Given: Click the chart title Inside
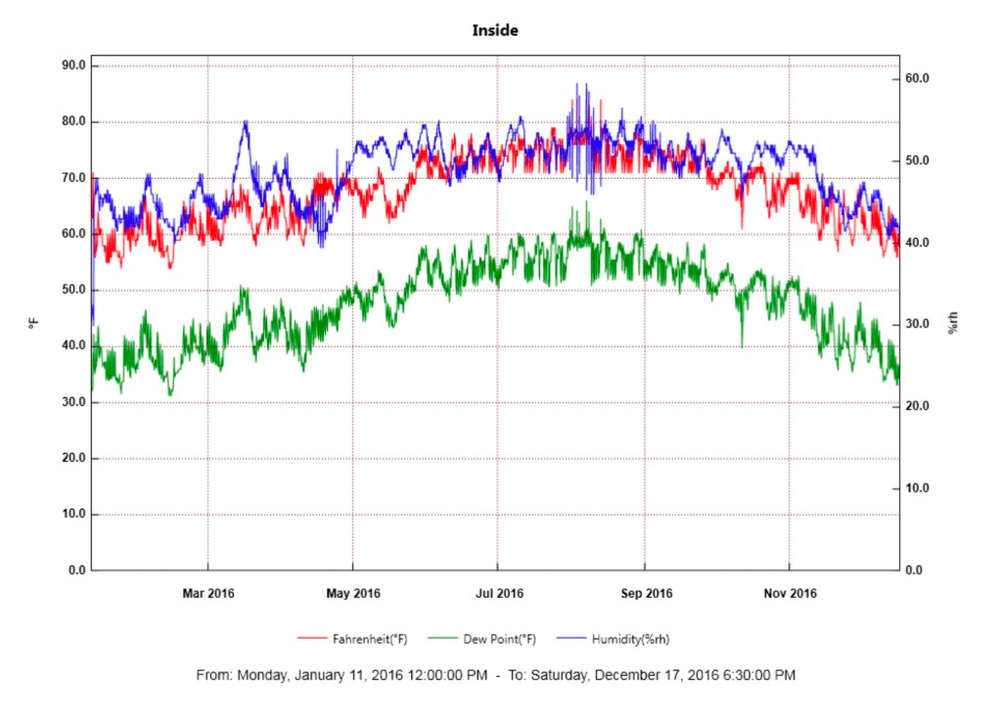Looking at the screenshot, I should [x=495, y=30].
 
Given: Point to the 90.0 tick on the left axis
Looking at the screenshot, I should [x=74, y=66].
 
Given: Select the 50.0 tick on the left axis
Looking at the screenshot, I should [x=74, y=291].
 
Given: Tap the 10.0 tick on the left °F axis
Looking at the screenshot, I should [x=74, y=515].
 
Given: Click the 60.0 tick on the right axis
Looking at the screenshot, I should [x=917, y=78].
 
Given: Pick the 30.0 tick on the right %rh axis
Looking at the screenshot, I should [x=917, y=324].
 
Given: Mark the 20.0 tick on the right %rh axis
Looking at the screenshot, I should [x=917, y=406].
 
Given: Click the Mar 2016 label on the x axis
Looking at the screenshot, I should [x=207, y=593].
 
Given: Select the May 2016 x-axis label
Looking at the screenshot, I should [x=353, y=593].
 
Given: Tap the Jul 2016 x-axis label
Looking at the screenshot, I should [x=498, y=593].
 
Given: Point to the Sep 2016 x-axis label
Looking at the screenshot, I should [x=645, y=593].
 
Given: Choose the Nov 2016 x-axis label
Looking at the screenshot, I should [x=789, y=593].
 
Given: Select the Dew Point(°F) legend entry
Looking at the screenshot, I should [x=499, y=639].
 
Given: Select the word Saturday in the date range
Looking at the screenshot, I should [x=559, y=675].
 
